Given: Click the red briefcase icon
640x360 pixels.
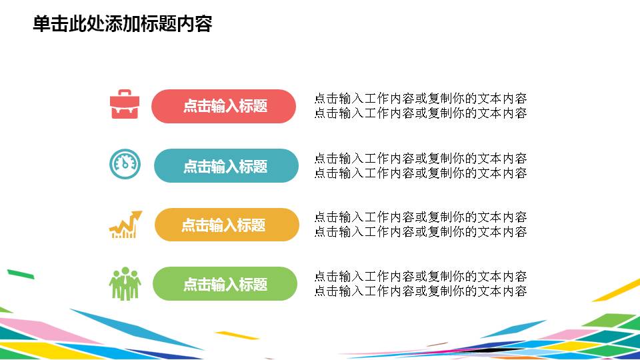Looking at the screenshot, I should click(125, 105).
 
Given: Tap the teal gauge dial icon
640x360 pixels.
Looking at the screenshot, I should click(125, 164).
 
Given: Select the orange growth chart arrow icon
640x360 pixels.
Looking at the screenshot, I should click(125, 225).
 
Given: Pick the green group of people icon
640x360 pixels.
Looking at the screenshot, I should click(125, 283).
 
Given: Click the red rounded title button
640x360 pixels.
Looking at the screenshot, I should click(224, 106).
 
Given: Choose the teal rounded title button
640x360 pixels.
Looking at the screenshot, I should click(226, 166).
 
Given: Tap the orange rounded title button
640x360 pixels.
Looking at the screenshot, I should click(227, 225).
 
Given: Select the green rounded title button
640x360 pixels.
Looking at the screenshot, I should click(225, 284).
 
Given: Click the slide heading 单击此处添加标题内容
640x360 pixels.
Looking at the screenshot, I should click(123, 24).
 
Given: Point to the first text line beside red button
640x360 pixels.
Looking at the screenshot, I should click(420, 99).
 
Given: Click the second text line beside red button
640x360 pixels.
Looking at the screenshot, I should click(420, 113).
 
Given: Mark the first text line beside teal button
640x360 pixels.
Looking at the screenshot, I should click(420, 159).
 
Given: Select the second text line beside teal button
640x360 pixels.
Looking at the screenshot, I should click(420, 173).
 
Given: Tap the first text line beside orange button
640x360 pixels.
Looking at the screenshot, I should click(420, 217).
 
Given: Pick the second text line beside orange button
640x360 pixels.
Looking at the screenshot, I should click(420, 232).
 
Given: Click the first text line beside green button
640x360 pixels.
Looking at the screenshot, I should click(420, 277).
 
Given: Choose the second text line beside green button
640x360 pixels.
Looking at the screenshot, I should click(420, 291).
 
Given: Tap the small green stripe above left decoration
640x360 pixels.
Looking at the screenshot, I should click(20, 273).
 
